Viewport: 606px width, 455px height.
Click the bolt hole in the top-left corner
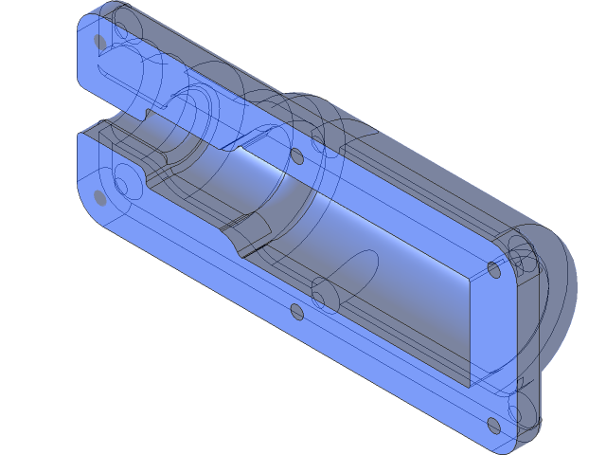[x=100, y=42]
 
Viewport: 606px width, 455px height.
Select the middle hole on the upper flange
[x=295, y=155]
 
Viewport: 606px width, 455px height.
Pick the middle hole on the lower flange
[x=296, y=311]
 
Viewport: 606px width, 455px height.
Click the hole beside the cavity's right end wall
[x=493, y=269]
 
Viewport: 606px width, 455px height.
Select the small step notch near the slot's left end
[x=148, y=115]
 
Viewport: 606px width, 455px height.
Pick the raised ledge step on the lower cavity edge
[x=248, y=227]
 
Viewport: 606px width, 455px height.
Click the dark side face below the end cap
[x=530, y=398]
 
